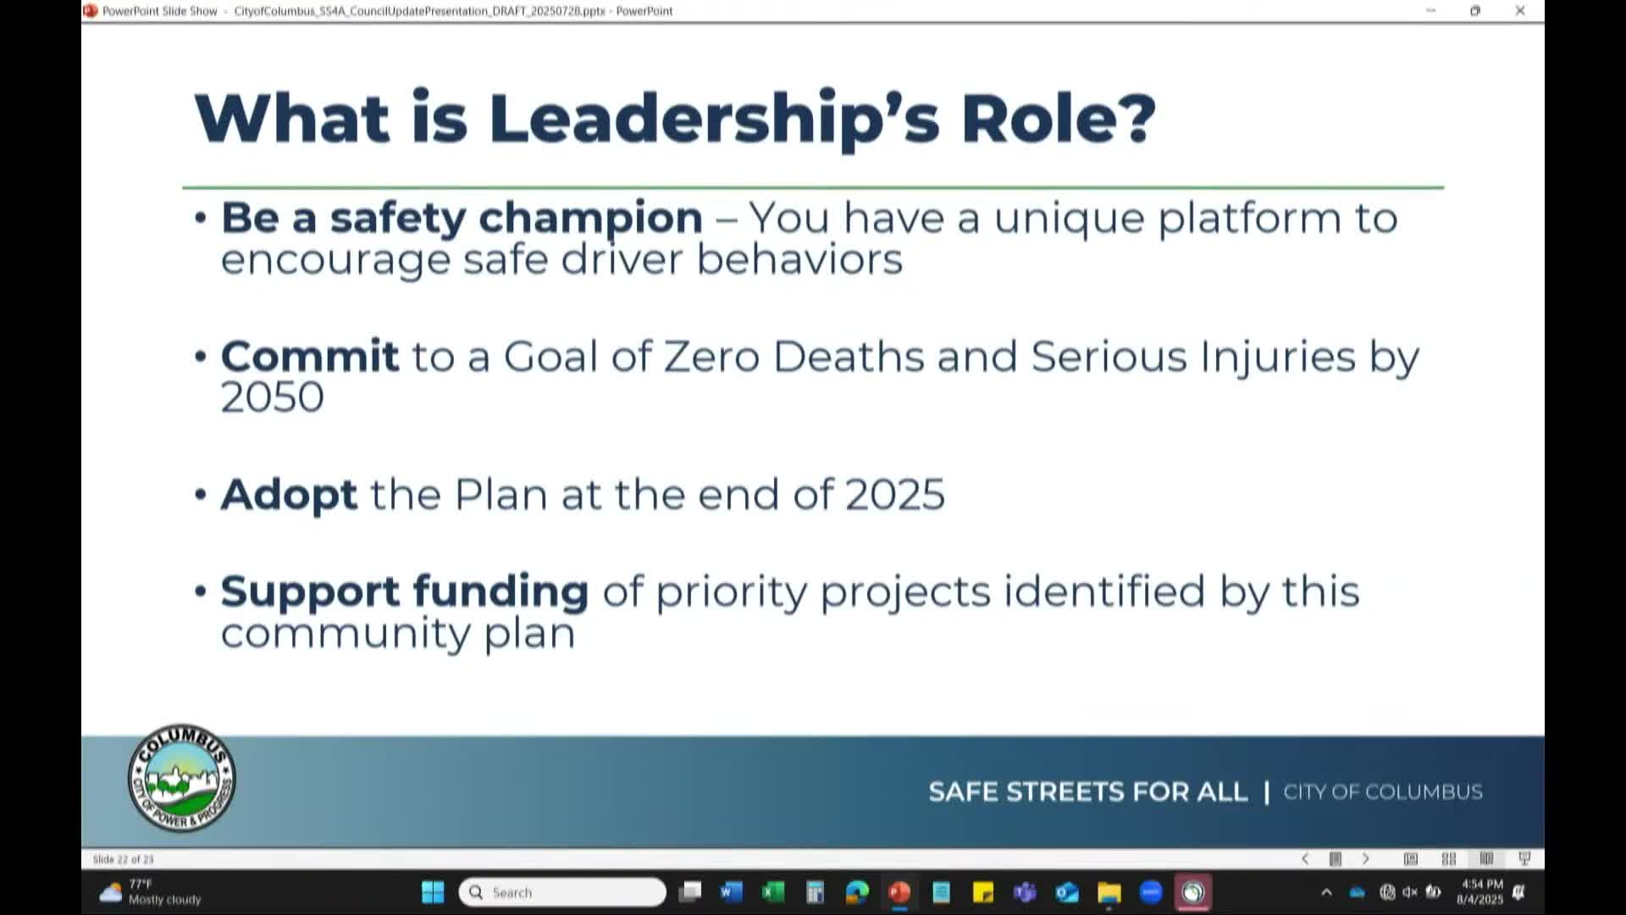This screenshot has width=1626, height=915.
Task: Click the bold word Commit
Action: coord(309,356)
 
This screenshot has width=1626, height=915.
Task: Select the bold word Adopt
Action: coord(289,495)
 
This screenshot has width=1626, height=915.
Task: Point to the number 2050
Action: coord(272,397)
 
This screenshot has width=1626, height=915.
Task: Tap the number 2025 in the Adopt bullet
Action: coord(894,495)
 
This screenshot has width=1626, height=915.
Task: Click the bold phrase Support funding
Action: coord(404,591)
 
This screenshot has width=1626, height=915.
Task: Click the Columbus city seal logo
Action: coord(181,779)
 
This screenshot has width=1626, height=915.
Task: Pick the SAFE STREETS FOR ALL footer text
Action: coord(1087,792)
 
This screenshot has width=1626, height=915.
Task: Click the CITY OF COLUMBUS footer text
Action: coord(1382,792)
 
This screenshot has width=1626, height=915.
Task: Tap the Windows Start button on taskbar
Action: coord(433,892)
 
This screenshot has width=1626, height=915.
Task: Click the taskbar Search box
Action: coord(562,892)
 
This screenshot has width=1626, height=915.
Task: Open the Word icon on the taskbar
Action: coord(731,892)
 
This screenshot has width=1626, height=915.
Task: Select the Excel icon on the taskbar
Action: coord(772,892)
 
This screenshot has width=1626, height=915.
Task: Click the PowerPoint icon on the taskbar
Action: coord(899,892)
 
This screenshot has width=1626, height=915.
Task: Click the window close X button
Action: coord(1520,11)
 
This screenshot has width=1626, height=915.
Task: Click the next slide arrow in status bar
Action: coord(1365,859)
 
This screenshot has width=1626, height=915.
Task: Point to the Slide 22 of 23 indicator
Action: coord(124,859)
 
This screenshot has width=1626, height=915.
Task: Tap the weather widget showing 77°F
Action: coord(151,892)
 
